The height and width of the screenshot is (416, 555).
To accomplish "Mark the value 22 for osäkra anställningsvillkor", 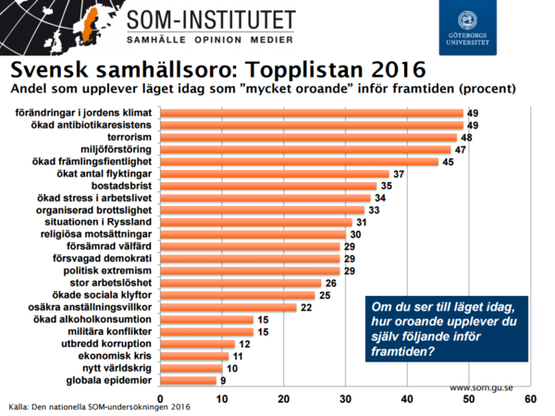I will pos(307,307).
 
